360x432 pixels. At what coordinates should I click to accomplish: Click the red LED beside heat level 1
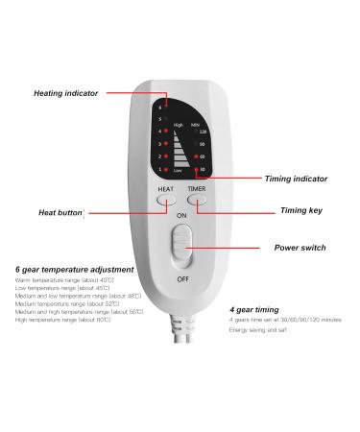point(166,169)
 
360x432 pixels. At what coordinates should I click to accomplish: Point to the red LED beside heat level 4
point(166,132)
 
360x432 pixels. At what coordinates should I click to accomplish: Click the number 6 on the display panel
point(159,108)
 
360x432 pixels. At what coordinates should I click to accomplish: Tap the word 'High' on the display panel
point(179,124)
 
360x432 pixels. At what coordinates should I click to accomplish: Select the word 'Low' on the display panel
point(178,170)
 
